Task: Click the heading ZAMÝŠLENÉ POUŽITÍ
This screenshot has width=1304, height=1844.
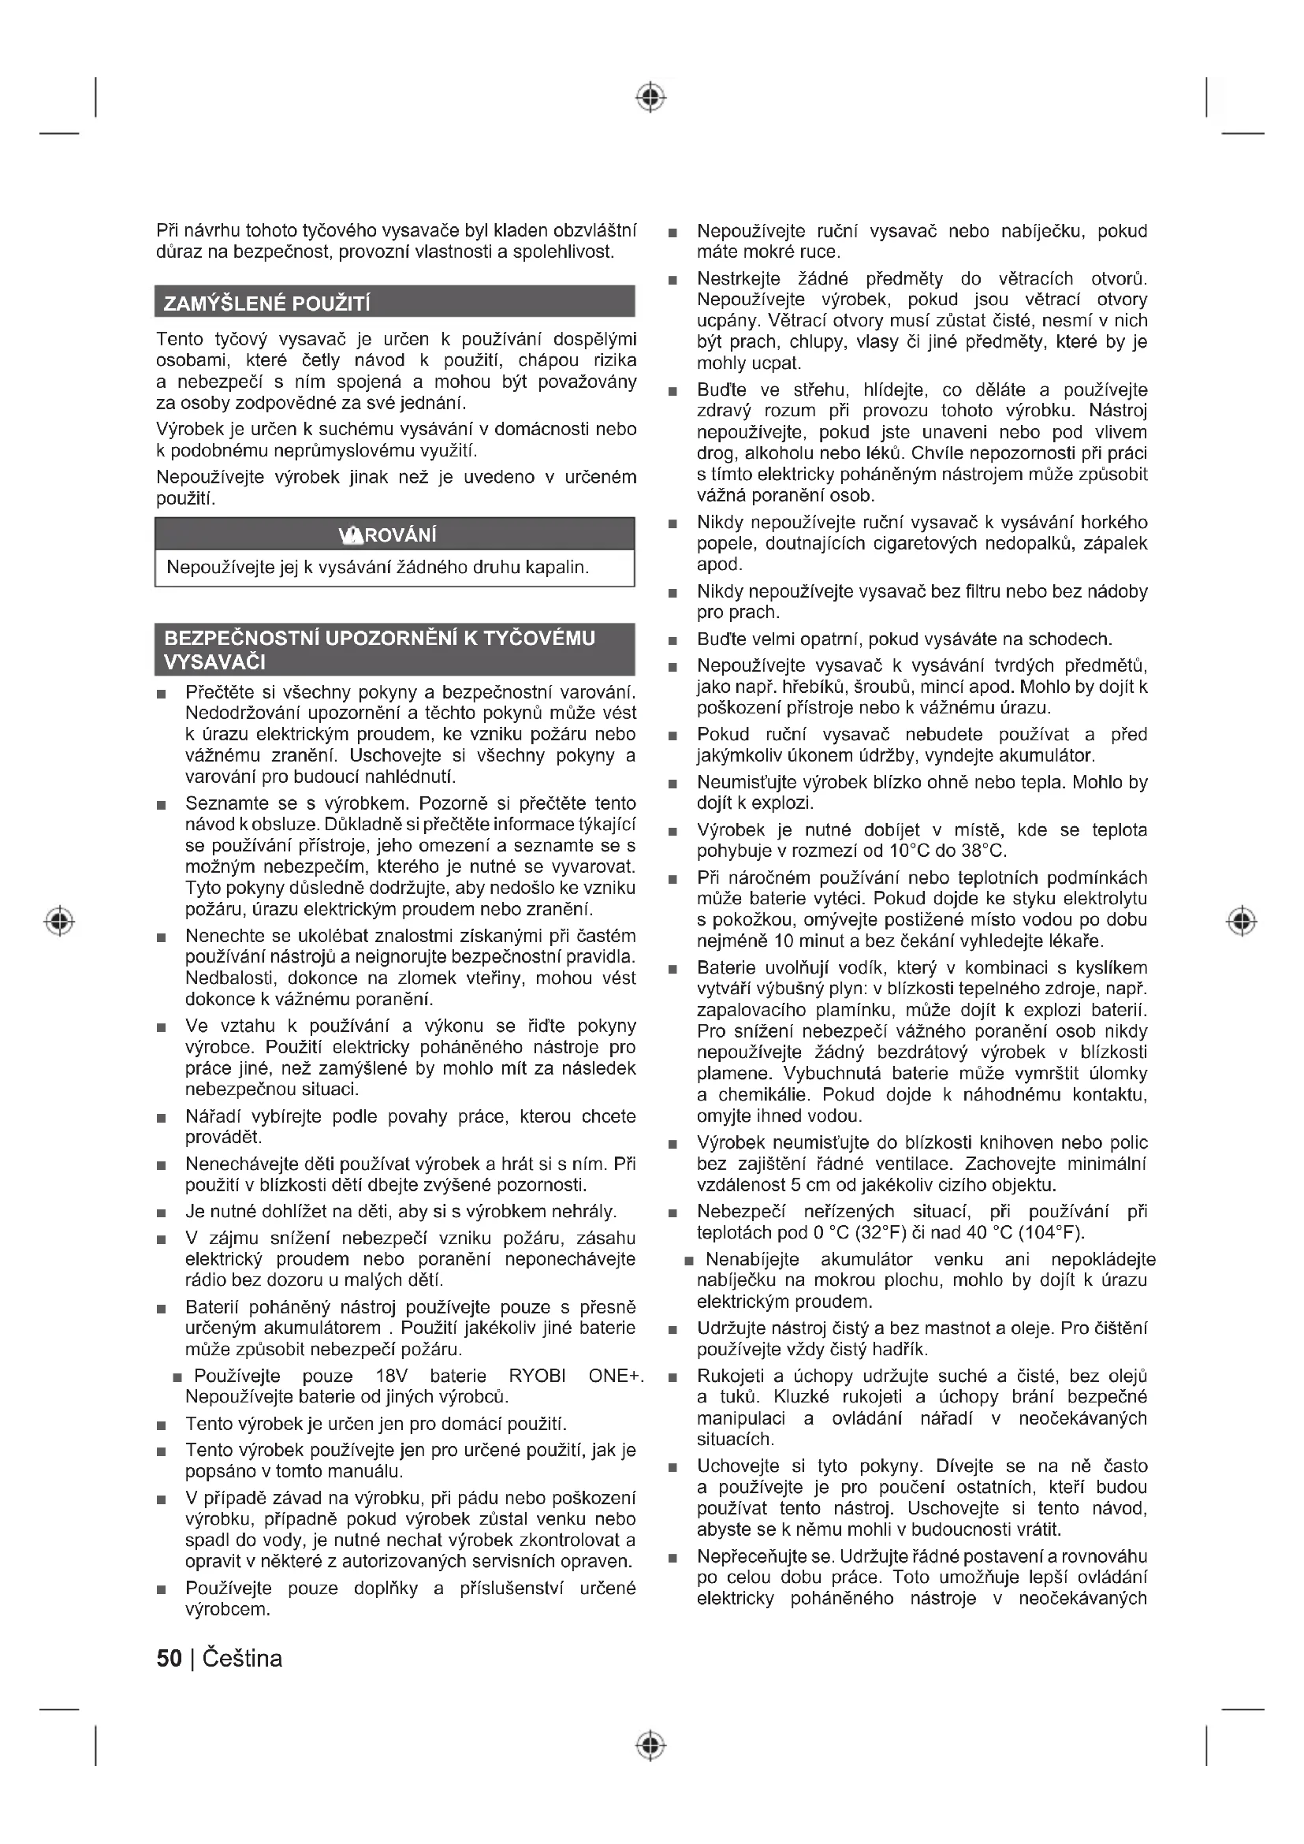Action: pyautogui.click(x=266, y=304)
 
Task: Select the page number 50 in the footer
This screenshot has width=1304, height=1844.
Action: pyautogui.click(x=170, y=1659)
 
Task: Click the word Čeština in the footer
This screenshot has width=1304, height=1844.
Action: pyautogui.click(x=243, y=1659)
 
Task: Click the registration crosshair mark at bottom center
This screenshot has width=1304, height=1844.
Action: pyautogui.click(x=650, y=1745)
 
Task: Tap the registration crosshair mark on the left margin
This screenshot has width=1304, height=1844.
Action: pyautogui.click(x=59, y=920)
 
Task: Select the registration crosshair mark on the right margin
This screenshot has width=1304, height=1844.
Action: pyautogui.click(x=1242, y=920)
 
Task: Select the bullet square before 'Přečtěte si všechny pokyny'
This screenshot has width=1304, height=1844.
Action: pyautogui.click(x=162, y=694)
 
